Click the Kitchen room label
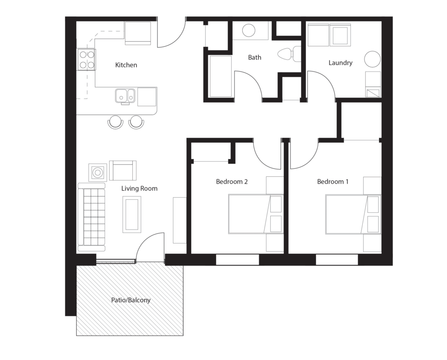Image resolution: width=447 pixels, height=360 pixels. [126, 65]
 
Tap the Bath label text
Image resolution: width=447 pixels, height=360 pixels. [254, 57]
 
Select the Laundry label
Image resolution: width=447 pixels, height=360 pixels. [340, 63]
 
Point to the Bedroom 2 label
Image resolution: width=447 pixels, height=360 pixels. [232, 182]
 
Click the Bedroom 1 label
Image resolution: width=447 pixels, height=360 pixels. [333, 182]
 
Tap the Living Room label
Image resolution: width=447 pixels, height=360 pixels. [139, 189]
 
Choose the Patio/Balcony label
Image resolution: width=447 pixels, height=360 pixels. [131, 300]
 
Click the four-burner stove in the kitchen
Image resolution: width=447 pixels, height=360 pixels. [87, 60]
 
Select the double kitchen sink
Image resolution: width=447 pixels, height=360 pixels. [125, 96]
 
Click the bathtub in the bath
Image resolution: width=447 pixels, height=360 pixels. [220, 76]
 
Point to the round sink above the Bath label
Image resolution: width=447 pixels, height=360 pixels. [249, 30]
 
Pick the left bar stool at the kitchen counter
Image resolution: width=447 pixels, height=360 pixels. [115, 122]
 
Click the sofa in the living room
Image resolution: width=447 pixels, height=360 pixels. [92, 217]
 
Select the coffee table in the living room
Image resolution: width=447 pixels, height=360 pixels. [132, 214]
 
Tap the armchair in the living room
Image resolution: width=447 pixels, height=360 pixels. [123, 171]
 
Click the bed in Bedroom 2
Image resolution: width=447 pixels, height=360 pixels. [256, 214]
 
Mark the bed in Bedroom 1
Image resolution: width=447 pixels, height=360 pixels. [353, 214]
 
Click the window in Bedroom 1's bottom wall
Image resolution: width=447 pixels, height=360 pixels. [337, 260]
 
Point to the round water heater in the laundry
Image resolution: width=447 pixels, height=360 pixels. [372, 59]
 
